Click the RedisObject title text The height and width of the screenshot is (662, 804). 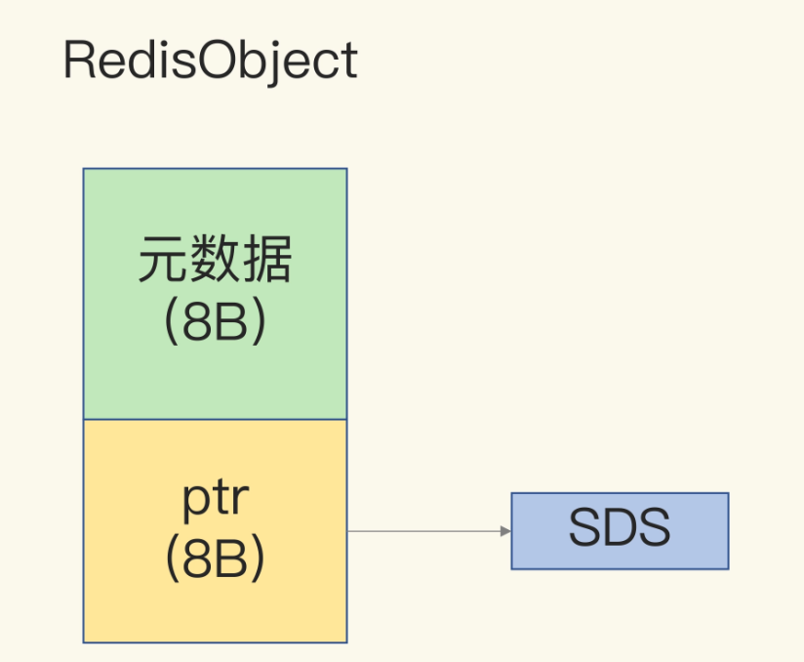click(210, 62)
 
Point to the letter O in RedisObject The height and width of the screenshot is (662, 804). click(217, 60)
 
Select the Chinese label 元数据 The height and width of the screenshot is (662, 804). click(216, 259)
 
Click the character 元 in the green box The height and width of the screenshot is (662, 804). click(164, 259)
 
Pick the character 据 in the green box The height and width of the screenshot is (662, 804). click(267, 259)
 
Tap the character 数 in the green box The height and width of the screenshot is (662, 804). click(216, 259)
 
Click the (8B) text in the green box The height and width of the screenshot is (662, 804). click(216, 322)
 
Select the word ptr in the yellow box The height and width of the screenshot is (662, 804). click(216, 499)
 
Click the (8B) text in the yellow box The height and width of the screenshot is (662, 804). click(216, 559)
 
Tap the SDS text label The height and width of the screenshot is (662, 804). click(620, 526)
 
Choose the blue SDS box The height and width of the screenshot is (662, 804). click(620, 531)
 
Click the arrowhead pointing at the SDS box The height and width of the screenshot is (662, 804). click(505, 531)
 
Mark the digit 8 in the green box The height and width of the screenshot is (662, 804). click(198, 322)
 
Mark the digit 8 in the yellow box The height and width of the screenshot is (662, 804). click(198, 559)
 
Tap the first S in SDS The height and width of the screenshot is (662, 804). click(585, 526)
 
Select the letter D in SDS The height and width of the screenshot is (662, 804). click(619, 526)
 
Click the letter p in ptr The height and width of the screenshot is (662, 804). click(195, 503)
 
